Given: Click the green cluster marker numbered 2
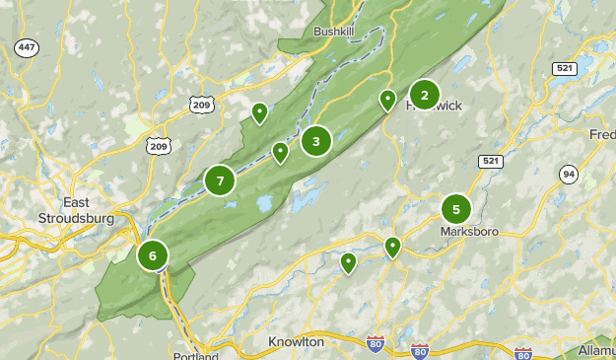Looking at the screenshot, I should pos(424,95).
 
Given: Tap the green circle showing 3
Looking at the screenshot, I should pos(315,141).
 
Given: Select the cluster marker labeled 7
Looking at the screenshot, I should pos(220,180).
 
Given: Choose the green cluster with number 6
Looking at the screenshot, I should pos(153,255).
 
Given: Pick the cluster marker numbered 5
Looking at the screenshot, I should pos(455,208).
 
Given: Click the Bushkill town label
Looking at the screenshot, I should pos(332,32).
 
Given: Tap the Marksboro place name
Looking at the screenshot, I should pos(470,232).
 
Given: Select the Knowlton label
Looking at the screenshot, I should pos(296,341).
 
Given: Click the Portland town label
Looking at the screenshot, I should pos(195,355).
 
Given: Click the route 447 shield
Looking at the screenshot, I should pos(27,47).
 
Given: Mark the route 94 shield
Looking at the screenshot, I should pos(569,175).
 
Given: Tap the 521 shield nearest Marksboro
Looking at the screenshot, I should pos(490,161).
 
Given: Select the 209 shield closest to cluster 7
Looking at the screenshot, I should pos(158,145).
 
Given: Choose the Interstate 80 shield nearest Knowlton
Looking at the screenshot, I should pos(374,343).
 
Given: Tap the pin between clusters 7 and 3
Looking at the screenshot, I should pos(280,152).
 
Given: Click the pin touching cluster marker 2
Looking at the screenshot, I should pos(388,100).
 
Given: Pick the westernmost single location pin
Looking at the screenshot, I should pos(259,112).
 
